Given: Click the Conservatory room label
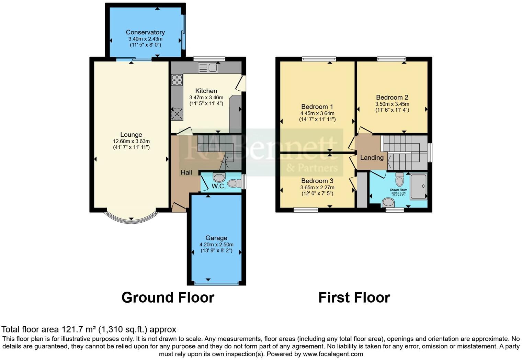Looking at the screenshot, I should pyautogui.click(x=145, y=32).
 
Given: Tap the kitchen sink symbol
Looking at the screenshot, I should pyautogui.click(x=208, y=68).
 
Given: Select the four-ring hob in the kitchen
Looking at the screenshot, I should pyautogui.click(x=177, y=80).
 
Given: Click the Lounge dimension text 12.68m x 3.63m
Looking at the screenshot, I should pyautogui.click(x=131, y=141).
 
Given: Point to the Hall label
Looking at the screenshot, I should pyautogui.click(x=186, y=172).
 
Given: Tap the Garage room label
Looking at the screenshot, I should pyautogui.click(x=216, y=238).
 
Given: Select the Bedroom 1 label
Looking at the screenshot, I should pyautogui.click(x=317, y=106).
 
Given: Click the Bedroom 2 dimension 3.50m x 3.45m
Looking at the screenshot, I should pyautogui.click(x=392, y=104).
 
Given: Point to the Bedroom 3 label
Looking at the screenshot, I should pyautogui.click(x=317, y=181).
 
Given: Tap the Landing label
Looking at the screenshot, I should pyautogui.click(x=372, y=158).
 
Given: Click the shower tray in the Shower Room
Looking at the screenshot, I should pyautogui.click(x=419, y=187).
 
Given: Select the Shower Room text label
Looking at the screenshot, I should pyautogui.click(x=398, y=190).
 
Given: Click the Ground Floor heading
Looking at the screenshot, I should pyautogui.click(x=168, y=297).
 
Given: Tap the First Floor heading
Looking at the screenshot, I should pyautogui.click(x=354, y=297).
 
